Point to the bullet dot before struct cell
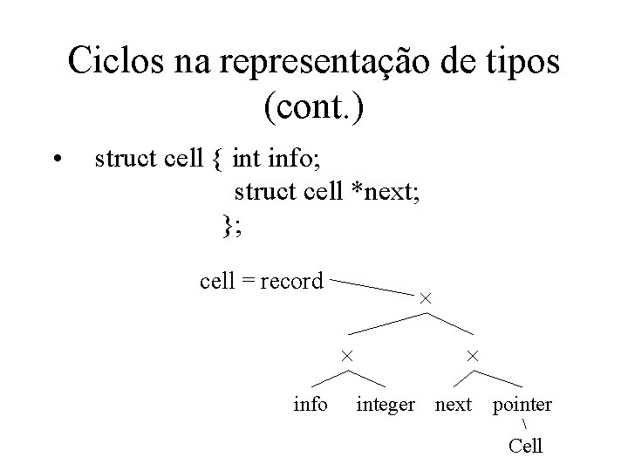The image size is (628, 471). pos(56,159)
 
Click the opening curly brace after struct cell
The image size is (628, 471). pos(215,159)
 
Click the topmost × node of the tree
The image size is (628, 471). pos(426,298)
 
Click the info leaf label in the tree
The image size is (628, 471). pos(311,404)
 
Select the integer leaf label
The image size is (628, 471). pos(386,405)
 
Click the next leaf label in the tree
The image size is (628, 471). pos(454,405)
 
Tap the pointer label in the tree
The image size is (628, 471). pos(522,405)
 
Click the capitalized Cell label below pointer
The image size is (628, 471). pos(526,446)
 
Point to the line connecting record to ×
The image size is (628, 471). pos(373,287)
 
